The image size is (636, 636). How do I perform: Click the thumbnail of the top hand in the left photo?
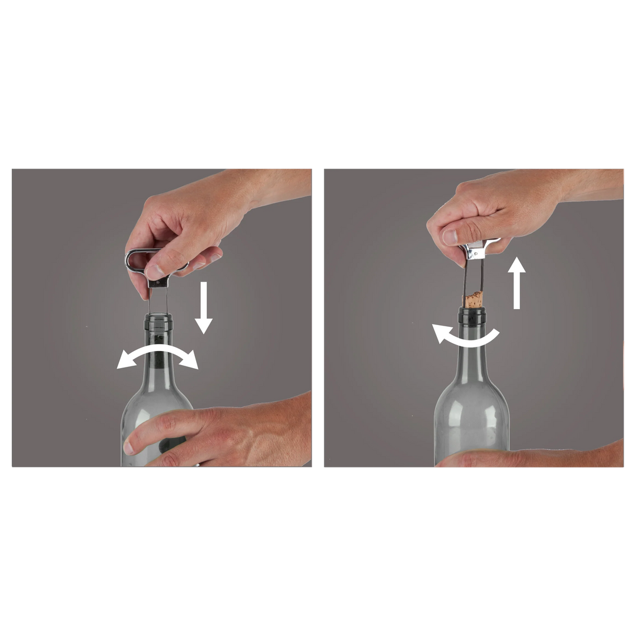[154, 270]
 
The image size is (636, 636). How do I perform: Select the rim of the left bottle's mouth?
[158, 317]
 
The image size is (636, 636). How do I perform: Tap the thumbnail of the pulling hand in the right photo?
[449, 236]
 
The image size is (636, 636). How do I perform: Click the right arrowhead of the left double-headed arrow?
[191, 363]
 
